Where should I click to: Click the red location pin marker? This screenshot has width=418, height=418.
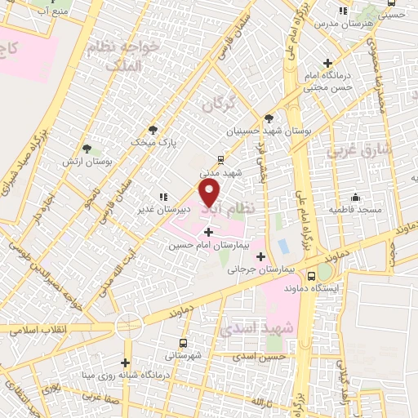pyautogui.click(x=210, y=193)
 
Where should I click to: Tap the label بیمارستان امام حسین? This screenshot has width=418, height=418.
pyautogui.click(x=204, y=245)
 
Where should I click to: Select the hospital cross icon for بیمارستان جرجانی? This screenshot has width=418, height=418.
pyautogui.click(x=261, y=257)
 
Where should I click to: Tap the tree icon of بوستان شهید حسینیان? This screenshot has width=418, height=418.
pyautogui.click(x=269, y=118)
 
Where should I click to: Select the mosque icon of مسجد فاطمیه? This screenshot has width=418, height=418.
pyautogui.click(x=355, y=197)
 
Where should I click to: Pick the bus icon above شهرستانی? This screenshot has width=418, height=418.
pyautogui.click(x=182, y=343)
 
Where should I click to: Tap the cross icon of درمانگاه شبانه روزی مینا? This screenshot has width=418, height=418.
pyautogui.click(x=125, y=362)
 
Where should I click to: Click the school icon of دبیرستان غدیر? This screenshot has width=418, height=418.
pyautogui.click(x=163, y=197)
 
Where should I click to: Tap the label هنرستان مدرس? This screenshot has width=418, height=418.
pyautogui.click(x=343, y=24)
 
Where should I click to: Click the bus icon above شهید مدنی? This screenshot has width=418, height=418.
pyautogui.click(x=220, y=160)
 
